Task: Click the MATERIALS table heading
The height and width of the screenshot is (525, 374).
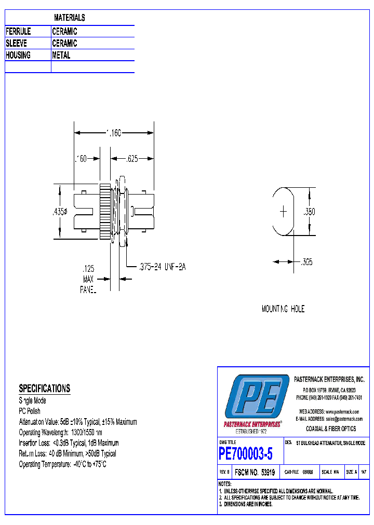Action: click(x=69, y=18)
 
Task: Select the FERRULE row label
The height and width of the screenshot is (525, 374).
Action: click(x=18, y=32)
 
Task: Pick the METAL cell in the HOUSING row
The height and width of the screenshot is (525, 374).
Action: click(x=61, y=55)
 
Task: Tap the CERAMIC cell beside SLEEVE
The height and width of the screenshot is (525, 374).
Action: click(x=64, y=44)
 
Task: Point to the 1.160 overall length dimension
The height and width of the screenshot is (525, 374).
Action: click(x=114, y=133)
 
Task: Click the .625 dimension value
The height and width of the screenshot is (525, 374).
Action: click(x=132, y=159)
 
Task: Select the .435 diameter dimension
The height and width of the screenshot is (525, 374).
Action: click(x=60, y=212)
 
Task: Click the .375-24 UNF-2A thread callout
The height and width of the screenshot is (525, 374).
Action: click(x=162, y=267)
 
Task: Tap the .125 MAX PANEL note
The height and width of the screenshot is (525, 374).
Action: click(x=88, y=280)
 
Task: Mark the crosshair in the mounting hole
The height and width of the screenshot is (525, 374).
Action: click(x=284, y=212)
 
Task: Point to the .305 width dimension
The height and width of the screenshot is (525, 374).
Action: click(x=306, y=262)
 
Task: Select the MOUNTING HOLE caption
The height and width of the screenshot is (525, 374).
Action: click(x=283, y=309)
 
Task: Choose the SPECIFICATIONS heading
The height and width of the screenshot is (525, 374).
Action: click(x=44, y=389)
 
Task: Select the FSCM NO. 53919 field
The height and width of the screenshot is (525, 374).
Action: click(x=255, y=473)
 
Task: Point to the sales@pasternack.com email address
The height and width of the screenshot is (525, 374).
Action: click(x=343, y=419)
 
